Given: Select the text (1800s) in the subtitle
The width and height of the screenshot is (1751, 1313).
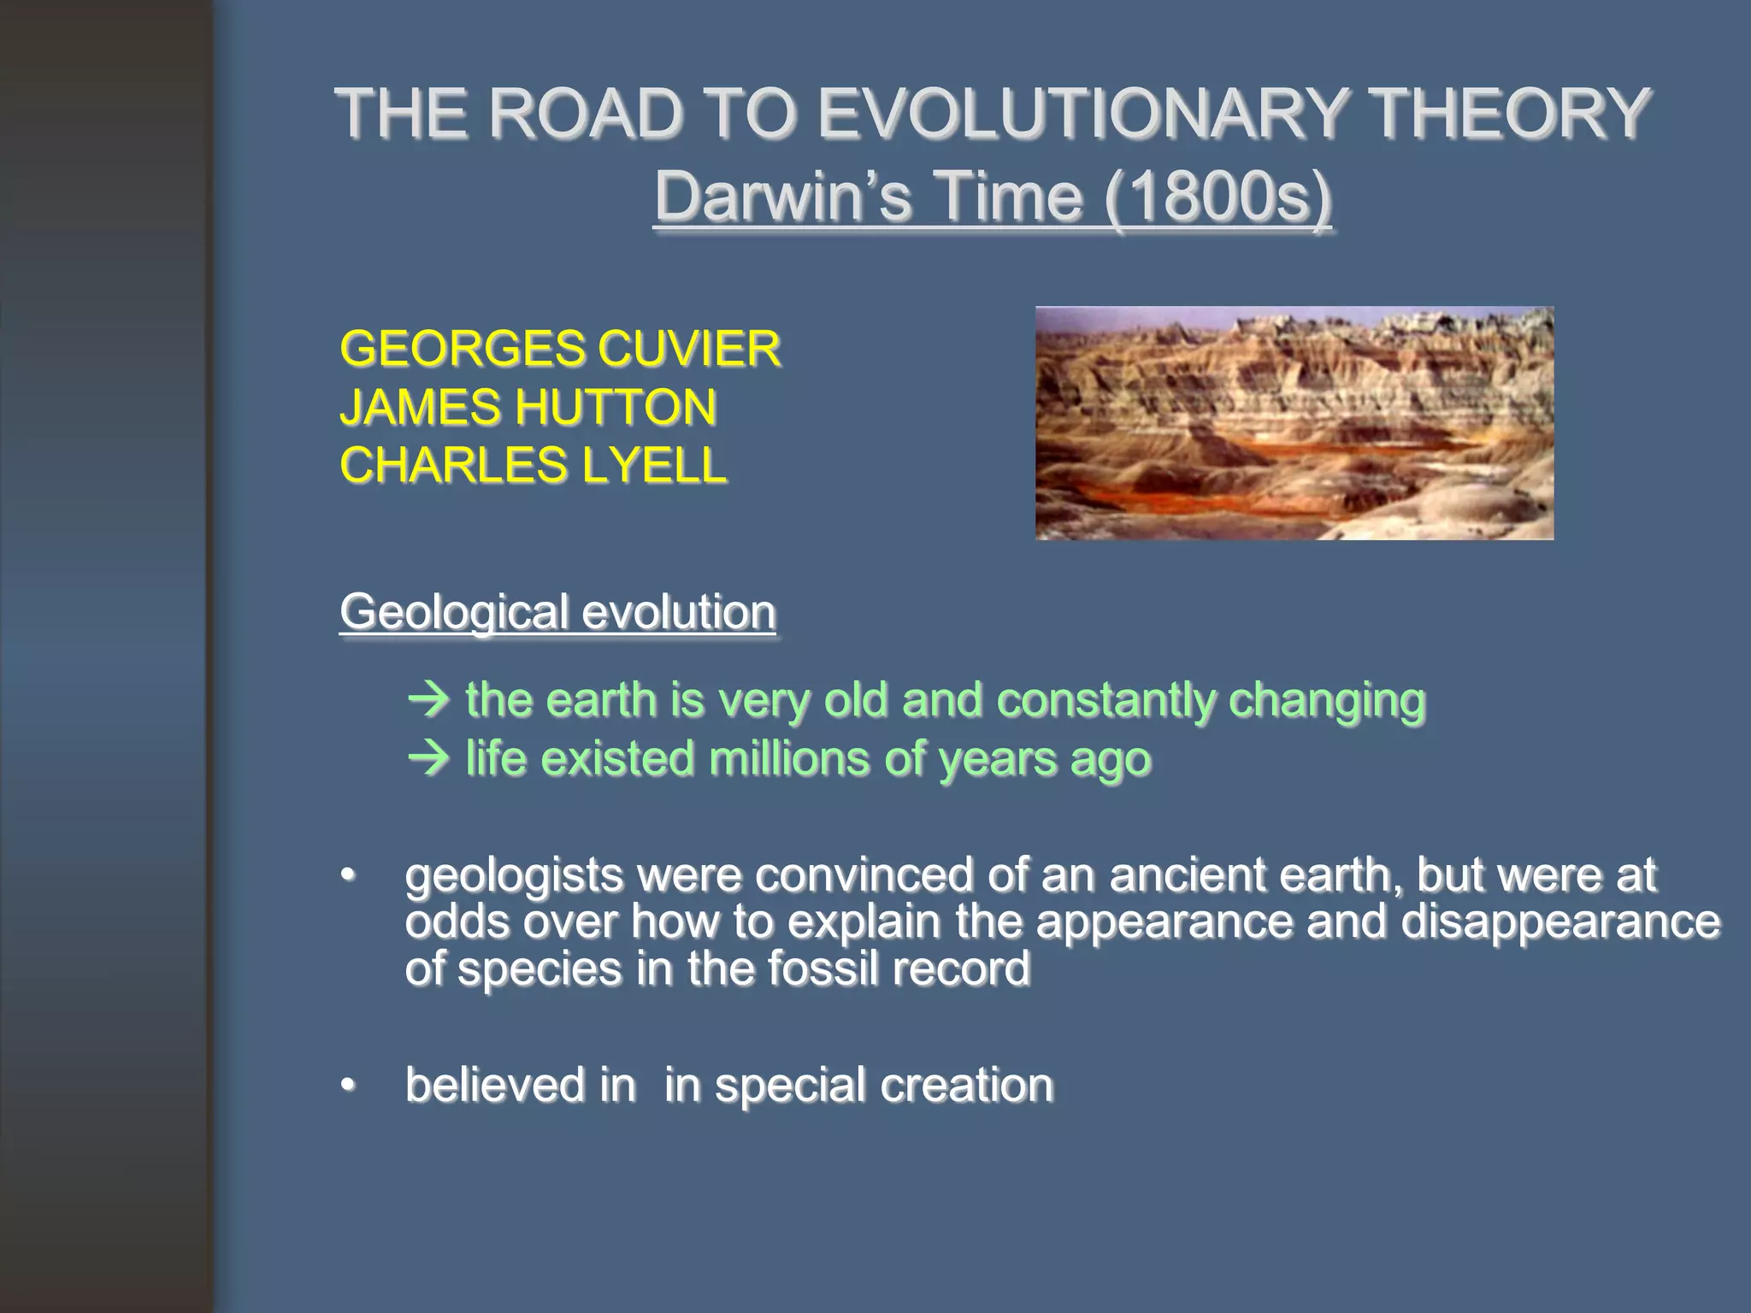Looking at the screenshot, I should (1217, 197).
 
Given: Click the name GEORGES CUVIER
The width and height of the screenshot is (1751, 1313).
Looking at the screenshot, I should (560, 349).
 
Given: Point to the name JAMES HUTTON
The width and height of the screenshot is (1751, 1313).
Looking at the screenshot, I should (528, 407).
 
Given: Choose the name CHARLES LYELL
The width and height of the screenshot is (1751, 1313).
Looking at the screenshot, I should (533, 465).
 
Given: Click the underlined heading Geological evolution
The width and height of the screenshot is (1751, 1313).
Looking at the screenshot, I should (557, 612).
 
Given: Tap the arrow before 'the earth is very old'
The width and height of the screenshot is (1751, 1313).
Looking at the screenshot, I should (429, 700).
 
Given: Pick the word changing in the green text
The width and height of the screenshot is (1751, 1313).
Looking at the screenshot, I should (1326, 700).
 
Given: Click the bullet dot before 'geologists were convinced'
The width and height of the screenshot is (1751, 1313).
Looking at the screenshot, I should (347, 876).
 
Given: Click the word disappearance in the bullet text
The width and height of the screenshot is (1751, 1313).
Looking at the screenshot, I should (1559, 922).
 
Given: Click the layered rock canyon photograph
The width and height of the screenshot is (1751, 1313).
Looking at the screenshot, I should (1294, 423).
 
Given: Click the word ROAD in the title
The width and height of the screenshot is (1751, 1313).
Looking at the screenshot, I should (584, 114).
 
